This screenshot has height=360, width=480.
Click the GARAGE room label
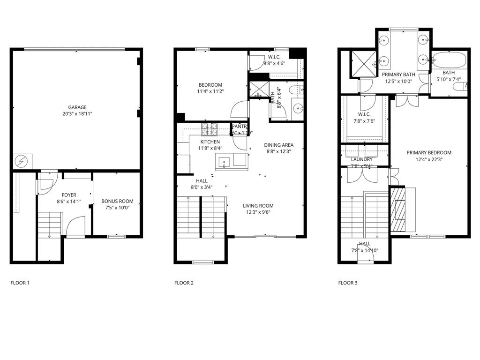(x=77, y=107)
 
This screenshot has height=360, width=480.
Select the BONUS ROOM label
(x=117, y=201)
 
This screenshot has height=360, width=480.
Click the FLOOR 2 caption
(x=184, y=283)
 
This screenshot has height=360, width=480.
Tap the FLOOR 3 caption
(x=348, y=283)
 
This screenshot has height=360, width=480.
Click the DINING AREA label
(x=278, y=145)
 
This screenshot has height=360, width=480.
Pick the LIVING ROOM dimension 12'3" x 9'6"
(x=258, y=212)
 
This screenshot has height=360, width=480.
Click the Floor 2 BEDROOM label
(x=210, y=85)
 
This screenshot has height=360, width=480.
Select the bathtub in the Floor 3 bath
(x=449, y=60)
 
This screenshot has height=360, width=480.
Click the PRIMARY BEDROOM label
(x=429, y=152)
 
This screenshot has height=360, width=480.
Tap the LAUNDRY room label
(x=361, y=159)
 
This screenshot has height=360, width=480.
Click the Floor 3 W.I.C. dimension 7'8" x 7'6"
(x=364, y=120)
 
